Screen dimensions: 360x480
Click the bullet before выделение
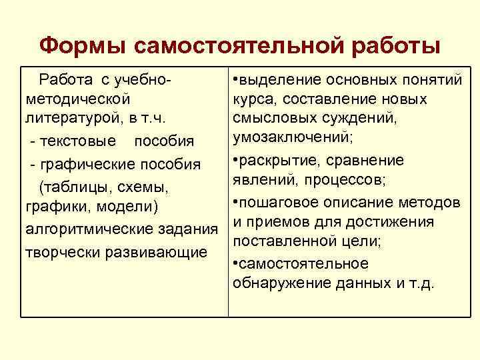[236, 81]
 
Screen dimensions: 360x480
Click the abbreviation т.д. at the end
[421, 283]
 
